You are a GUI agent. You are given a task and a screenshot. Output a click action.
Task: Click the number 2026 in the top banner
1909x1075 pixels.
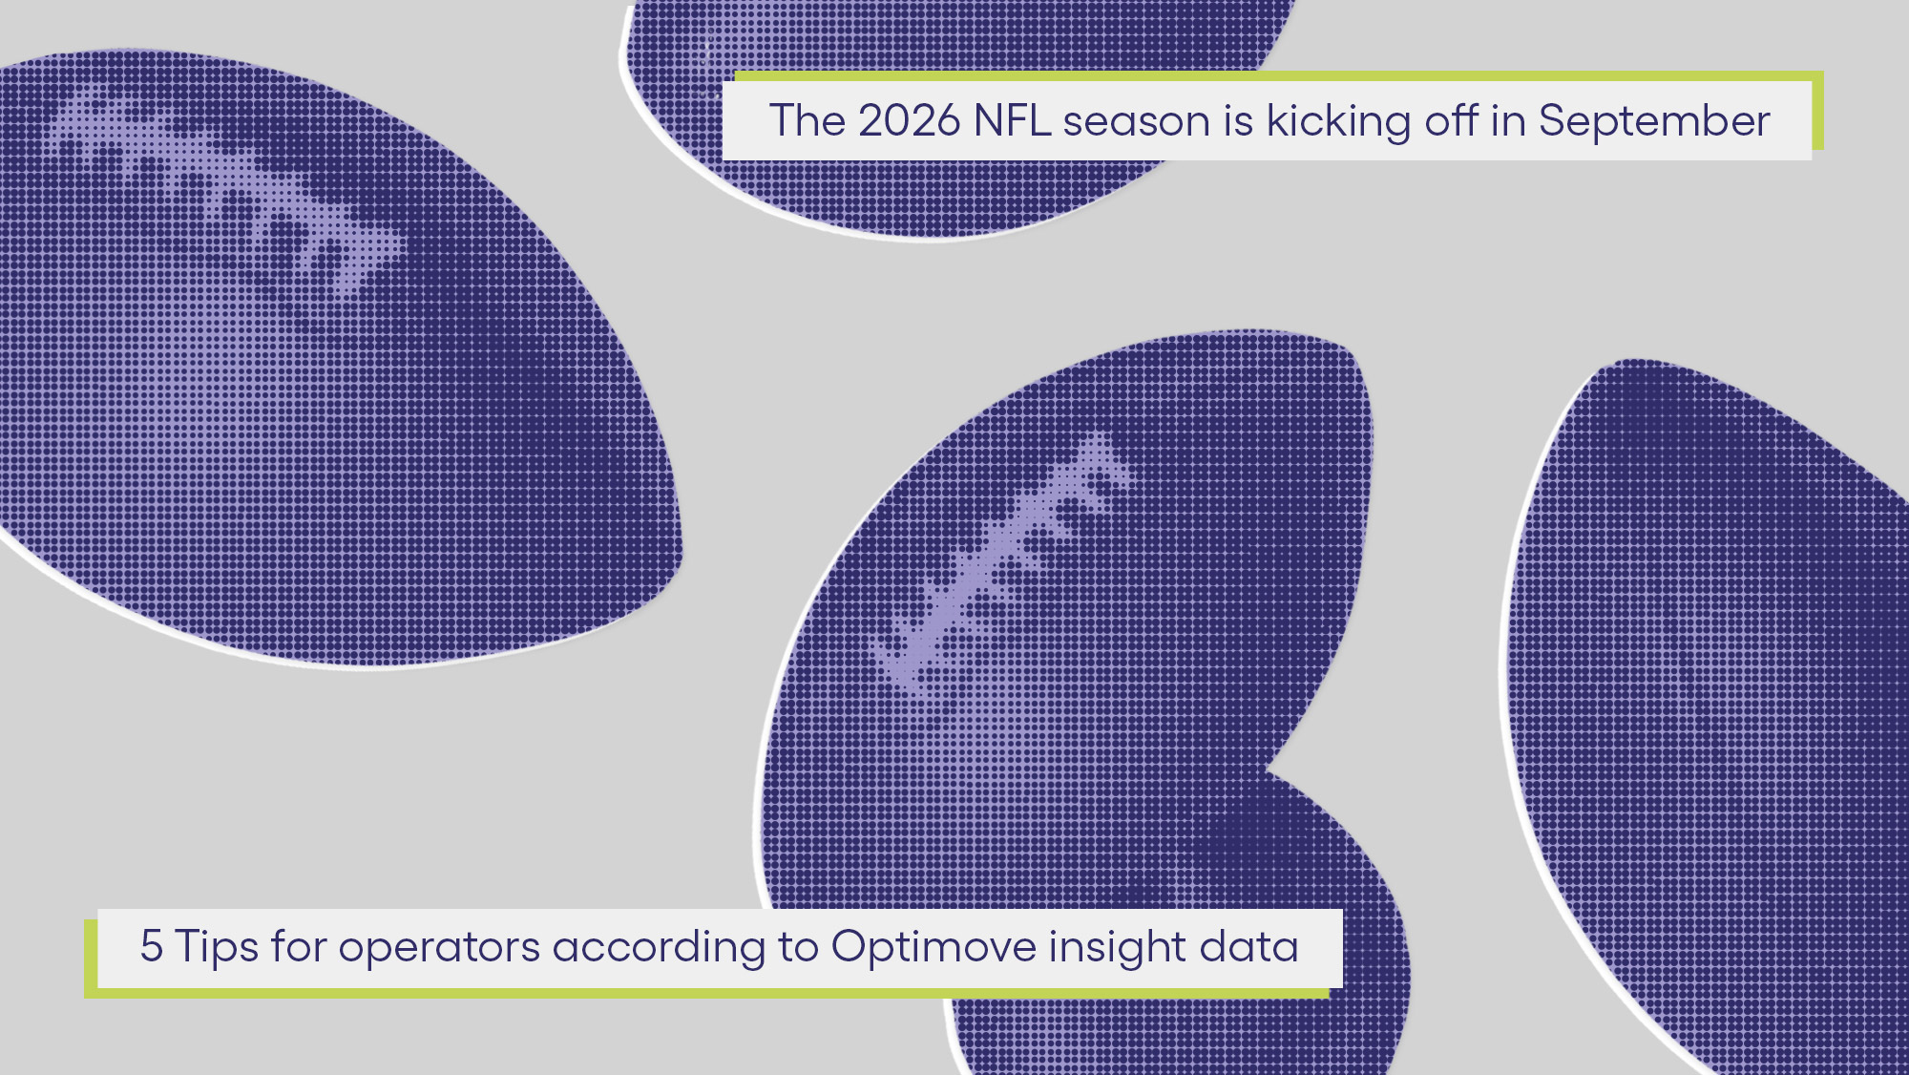909,121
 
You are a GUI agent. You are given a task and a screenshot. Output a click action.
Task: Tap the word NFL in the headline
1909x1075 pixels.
1012,121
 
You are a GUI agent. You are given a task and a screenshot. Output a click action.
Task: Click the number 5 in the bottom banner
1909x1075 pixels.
151,946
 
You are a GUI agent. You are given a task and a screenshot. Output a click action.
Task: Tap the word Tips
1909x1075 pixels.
217,948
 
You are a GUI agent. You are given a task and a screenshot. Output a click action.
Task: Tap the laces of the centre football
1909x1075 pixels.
1002,563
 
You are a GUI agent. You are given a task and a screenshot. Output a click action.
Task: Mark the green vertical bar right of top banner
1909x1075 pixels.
1817,111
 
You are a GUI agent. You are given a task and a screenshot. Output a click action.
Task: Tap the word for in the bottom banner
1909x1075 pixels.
299,946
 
